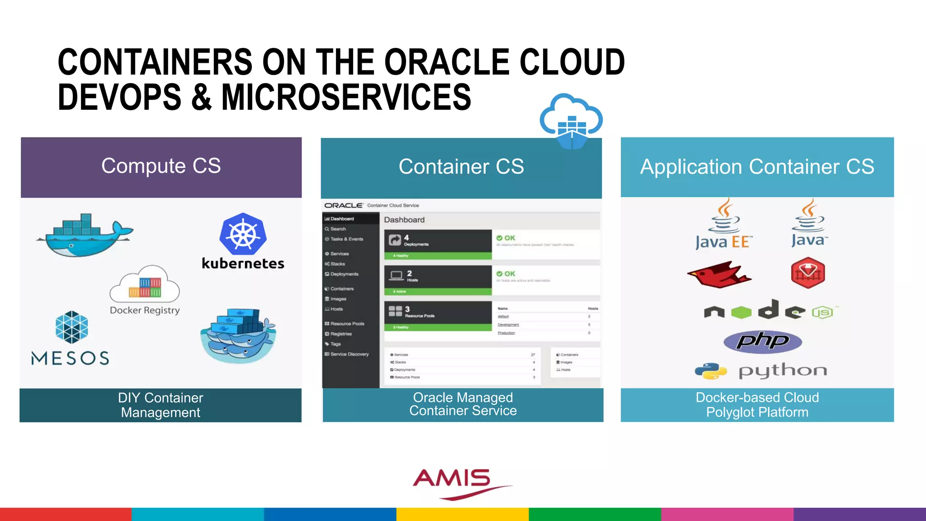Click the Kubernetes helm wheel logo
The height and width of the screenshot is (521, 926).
(x=243, y=234)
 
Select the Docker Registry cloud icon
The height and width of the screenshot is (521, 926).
(x=145, y=285)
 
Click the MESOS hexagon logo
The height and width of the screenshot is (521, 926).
(x=71, y=327)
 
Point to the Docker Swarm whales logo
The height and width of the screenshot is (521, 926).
(x=238, y=336)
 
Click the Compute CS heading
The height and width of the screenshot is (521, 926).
(x=161, y=166)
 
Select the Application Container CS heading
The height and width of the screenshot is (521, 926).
(x=757, y=167)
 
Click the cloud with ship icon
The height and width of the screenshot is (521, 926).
(x=571, y=121)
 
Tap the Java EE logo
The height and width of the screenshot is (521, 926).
(x=723, y=225)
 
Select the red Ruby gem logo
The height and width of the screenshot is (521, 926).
(x=808, y=273)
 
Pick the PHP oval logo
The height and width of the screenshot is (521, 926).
(x=763, y=341)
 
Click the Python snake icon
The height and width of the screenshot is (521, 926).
(x=711, y=371)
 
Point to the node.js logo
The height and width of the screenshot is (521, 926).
(x=768, y=311)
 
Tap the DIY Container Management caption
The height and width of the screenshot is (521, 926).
(x=161, y=405)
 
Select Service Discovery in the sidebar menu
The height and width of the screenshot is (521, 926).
(x=350, y=354)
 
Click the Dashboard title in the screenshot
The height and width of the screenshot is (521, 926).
(x=404, y=220)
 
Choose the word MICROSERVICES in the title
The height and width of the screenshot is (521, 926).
(x=346, y=97)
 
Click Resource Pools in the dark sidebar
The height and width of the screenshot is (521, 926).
(x=347, y=324)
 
